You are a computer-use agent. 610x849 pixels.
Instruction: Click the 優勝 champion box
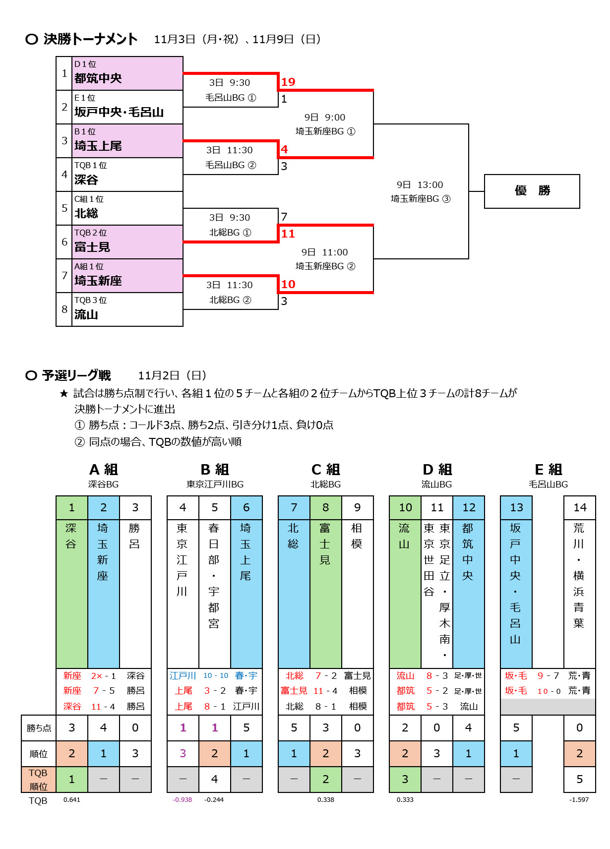[532, 191]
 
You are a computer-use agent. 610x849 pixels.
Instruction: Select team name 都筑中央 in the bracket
[98, 78]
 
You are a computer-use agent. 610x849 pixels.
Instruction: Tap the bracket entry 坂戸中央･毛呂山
[119, 112]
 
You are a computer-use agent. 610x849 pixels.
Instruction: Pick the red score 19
[288, 82]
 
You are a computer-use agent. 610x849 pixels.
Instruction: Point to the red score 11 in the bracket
[288, 234]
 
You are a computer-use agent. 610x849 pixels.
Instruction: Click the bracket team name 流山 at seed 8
[86, 314]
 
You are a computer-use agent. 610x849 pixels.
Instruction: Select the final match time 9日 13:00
[420, 185]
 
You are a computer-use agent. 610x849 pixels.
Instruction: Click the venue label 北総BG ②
[230, 300]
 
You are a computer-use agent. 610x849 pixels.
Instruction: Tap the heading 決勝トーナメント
[90, 39]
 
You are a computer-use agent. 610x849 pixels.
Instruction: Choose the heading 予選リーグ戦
[76, 375]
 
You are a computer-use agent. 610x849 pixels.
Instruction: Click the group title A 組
[104, 470]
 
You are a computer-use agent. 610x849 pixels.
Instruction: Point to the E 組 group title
[549, 470]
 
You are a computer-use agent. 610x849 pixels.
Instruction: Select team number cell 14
[580, 507]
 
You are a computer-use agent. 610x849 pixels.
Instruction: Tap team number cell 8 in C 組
[325, 507]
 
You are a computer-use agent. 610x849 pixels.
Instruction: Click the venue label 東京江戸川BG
[215, 485]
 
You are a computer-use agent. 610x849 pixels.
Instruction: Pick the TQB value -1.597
[579, 799]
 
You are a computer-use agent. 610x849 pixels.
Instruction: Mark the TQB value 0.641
[72, 799]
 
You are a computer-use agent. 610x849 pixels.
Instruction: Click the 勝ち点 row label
[39, 728]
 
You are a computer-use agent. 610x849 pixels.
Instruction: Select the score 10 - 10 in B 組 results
[216, 675]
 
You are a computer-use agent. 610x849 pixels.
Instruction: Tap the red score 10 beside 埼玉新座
[288, 284]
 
